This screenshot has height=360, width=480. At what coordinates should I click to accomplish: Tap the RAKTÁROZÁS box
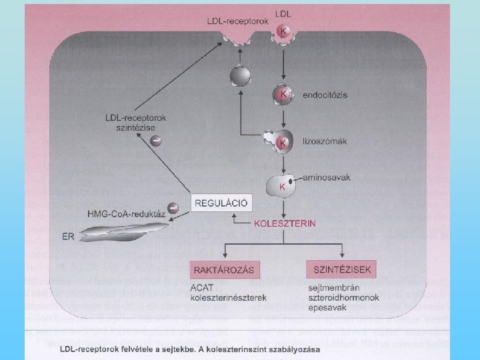pos(225,270)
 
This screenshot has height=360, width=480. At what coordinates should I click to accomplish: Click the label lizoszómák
pos(321,141)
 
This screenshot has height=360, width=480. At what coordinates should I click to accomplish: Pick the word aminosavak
pos(325,177)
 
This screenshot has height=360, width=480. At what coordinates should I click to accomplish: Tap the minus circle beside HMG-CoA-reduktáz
pos(173,208)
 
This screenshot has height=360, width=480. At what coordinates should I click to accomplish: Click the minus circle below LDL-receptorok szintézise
pos(155,141)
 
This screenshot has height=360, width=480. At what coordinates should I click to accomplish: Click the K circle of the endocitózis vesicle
pos(283,95)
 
